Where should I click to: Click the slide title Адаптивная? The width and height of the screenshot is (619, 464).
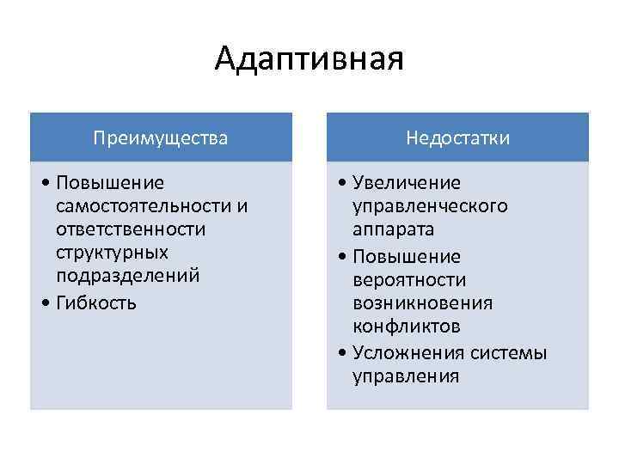tap(309, 60)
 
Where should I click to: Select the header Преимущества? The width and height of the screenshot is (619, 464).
tap(161, 137)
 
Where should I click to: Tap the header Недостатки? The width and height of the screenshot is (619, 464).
tap(458, 137)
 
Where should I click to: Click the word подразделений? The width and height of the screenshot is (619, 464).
tap(127, 276)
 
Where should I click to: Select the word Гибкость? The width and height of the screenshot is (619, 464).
tap(94, 303)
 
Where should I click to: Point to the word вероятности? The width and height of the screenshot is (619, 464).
tap(408, 280)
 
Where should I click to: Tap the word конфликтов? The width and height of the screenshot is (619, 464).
tap(406, 327)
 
